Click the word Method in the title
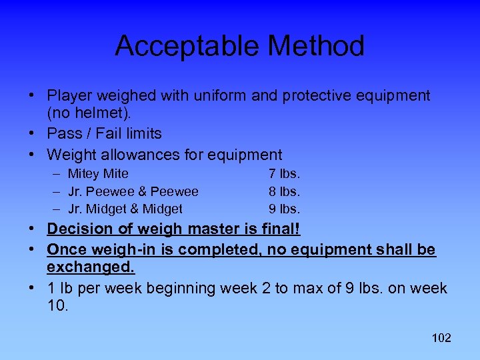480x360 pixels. click(x=316, y=47)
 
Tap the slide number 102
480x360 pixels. click(x=441, y=338)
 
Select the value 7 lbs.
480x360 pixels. click(x=285, y=174)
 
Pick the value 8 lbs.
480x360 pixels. click(x=285, y=191)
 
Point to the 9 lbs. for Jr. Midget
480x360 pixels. click(x=285, y=209)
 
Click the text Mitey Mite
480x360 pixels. click(x=98, y=174)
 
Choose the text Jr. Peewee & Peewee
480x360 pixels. click(x=133, y=191)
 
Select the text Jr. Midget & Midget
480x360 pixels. click(x=125, y=209)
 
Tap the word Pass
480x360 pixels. click(x=63, y=133)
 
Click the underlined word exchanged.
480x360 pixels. click(x=91, y=267)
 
